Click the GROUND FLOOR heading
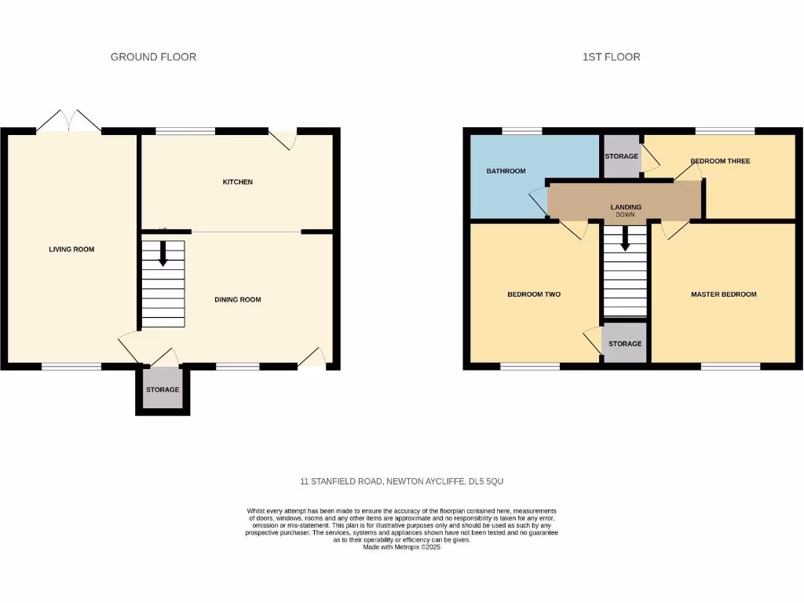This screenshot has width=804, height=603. pos(153,57)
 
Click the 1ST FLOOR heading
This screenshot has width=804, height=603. pos(611,57)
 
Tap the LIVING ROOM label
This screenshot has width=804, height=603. pos(71,250)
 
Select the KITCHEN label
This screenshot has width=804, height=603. pos(238,182)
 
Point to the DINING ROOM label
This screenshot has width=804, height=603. pos(238,300)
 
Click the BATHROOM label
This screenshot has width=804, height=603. pos(506,171)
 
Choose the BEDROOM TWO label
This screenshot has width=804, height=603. pos(534,294)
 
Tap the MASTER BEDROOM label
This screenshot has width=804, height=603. pos(723,294)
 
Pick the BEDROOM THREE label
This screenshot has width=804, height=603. pos(720,162)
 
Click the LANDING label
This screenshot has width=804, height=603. pos(626,207)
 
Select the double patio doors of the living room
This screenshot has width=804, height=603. pos(69,122)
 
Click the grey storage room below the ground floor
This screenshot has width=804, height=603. pos(163,390)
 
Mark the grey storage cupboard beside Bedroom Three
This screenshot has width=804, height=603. pos(621,156)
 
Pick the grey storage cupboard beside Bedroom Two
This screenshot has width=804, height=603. pos(625,344)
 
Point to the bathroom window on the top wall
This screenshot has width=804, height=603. pos(521,130)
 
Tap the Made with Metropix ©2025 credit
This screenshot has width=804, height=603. pos(402,547)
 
